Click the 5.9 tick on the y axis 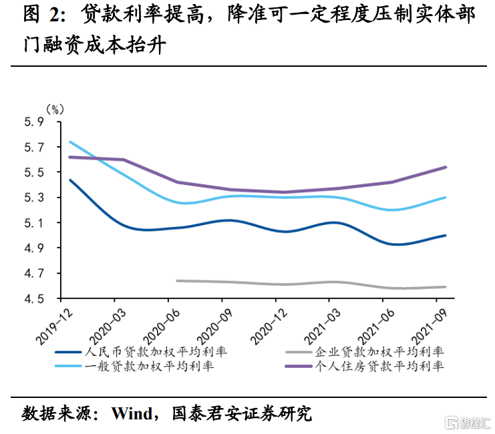pyautogui.click(x=34, y=122)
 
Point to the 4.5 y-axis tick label pyautogui.click(x=34, y=298)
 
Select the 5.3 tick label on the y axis pyautogui.click(x=34, y=198)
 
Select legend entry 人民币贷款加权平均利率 pyautogui.click(x=148, y=351)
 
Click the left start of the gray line pyautogui.click(x=177, y=280)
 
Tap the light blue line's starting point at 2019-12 pyautogui.click(x=70, y=142)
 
